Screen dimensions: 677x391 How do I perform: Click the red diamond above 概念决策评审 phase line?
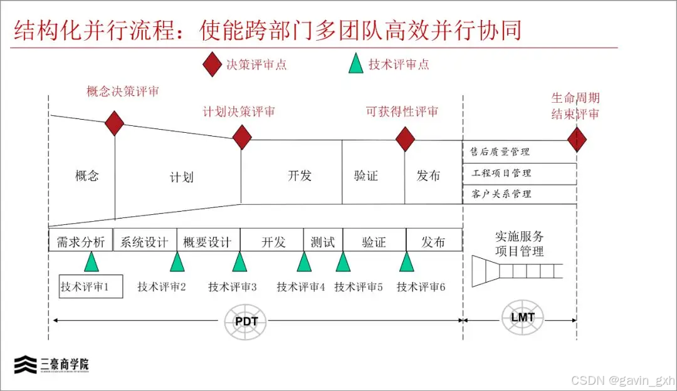click(114, 123)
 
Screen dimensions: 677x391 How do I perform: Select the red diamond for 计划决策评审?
click(242, 137)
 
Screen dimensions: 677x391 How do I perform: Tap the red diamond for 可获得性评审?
click(406, 139)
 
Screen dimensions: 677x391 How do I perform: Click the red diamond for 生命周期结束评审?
click(577, 139)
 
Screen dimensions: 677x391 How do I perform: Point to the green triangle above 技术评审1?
click(92, 261)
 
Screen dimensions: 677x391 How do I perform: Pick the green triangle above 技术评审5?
click(342, 261)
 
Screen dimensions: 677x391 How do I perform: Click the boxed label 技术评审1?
click(91, 287)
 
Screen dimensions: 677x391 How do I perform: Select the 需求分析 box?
click(81, 241)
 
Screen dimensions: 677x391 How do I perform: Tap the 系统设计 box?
click(144, 241)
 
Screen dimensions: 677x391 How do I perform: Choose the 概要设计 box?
click(207, 241)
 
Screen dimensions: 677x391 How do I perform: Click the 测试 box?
click(323, 241)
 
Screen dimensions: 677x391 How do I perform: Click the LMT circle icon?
click(522, 317)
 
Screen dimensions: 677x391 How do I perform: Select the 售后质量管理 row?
click(520, 152)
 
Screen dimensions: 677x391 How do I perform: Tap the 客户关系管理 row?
click(520, 194)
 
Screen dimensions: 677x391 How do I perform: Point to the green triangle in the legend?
click(356, 64)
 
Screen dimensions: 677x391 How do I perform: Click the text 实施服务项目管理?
click(520, 244)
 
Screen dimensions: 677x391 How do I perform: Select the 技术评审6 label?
click(421, 287)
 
